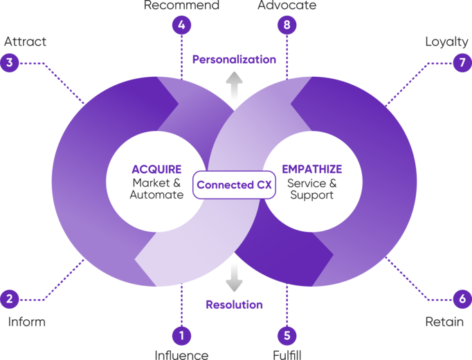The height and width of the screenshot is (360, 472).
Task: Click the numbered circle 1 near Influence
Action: pyautogui.click(x=182, y=336)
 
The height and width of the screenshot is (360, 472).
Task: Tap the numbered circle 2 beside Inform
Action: pyautogui.click(x=10, y=299)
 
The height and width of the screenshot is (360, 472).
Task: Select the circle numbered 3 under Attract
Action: pyautogui.click(x=10, y=63)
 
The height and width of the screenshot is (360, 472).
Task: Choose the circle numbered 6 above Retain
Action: pyautogui.click(x=462, y=299)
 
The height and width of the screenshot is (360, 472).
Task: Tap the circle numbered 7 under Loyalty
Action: pyautogui.click(x=462, y=63)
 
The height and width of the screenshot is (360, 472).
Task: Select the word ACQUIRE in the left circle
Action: pyautogui.click(x=156, y=169)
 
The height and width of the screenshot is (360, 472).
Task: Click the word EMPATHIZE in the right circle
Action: pyautogui.click(x=311, y=169)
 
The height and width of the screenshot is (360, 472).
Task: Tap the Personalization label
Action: pyautogui.click(x=234, y=60)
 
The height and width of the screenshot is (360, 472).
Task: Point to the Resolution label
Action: pyautogui.click(x=234, y=304)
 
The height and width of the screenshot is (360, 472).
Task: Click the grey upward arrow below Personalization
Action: pyautogui.click(x=234, y=87)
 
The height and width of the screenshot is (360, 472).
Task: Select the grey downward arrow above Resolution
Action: pyautogui.click(x=234, y=276)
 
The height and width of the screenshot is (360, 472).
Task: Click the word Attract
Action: pyautogui.click(x=26, y=42)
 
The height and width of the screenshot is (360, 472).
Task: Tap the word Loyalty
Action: pyautogui.click(x=446, y=42)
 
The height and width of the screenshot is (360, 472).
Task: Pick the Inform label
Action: pyautogui.click(x=26, y=322)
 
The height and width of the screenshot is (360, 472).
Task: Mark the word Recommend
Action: pyautogui.click(x=182, y=6)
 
